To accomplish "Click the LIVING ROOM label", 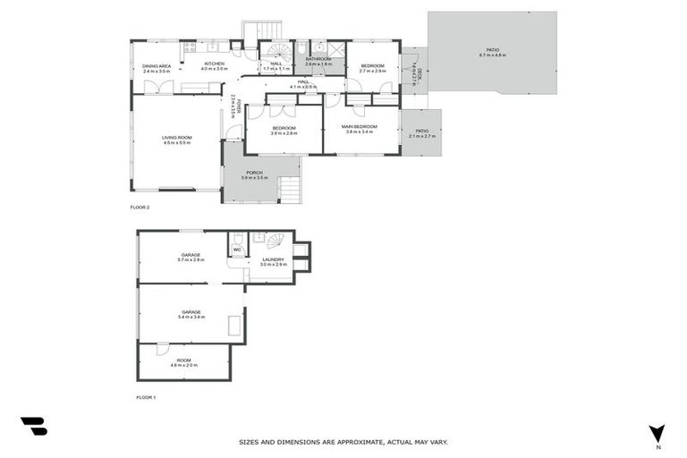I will [x=177, y=138].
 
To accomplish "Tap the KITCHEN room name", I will [x=215, y=64].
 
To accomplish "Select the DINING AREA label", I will [x=157, y=64].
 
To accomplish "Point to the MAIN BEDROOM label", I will [x=360, y=126].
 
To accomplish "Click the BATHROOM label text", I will [x=318, y=59].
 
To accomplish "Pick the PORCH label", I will [x=255, y=173].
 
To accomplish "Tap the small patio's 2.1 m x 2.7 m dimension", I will [x=421, y=136].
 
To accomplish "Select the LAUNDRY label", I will [x=273, y=259].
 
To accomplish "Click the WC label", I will [x=237, y=250].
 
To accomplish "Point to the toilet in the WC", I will [x=237, y=239].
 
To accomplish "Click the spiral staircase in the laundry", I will [x=276, y=240].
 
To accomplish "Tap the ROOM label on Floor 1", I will [x=183, y=360].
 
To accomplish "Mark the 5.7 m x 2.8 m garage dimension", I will [x=191, y=259].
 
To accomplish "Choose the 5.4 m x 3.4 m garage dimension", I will [x=191, y=317].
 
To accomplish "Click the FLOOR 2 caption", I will [x=140, y=207].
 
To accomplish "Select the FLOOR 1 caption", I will [x=146, y=396].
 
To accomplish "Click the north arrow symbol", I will [x=657, y=434].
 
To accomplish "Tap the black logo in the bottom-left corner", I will [x=33, y=427].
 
